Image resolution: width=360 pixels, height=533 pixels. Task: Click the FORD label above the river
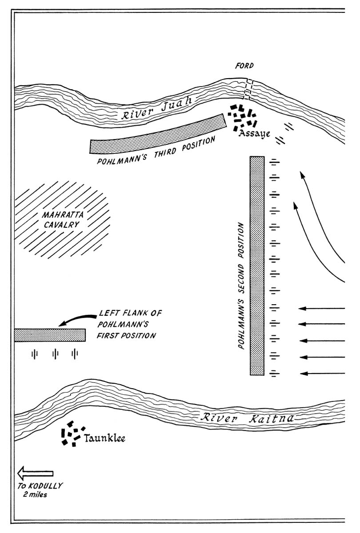(x=244, y=66)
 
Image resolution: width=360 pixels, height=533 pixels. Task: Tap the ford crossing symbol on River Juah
(x=247, y=89)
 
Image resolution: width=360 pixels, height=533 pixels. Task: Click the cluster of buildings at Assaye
(x=243, y=117)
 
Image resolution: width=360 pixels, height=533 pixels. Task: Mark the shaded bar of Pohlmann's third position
(x=158, y=134)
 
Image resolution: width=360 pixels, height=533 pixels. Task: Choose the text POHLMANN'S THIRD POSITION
(x=156, y=151)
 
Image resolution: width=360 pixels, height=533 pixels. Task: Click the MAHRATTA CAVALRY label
(x=61, y=219)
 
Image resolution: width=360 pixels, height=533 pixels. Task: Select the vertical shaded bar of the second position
(x=257, y=266)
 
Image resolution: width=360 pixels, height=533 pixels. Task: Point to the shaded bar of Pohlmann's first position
(x=49, y=335)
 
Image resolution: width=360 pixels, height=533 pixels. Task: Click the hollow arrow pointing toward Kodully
(x=35, y=473)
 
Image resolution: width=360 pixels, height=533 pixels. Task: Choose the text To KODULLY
(x=40, y=485)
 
